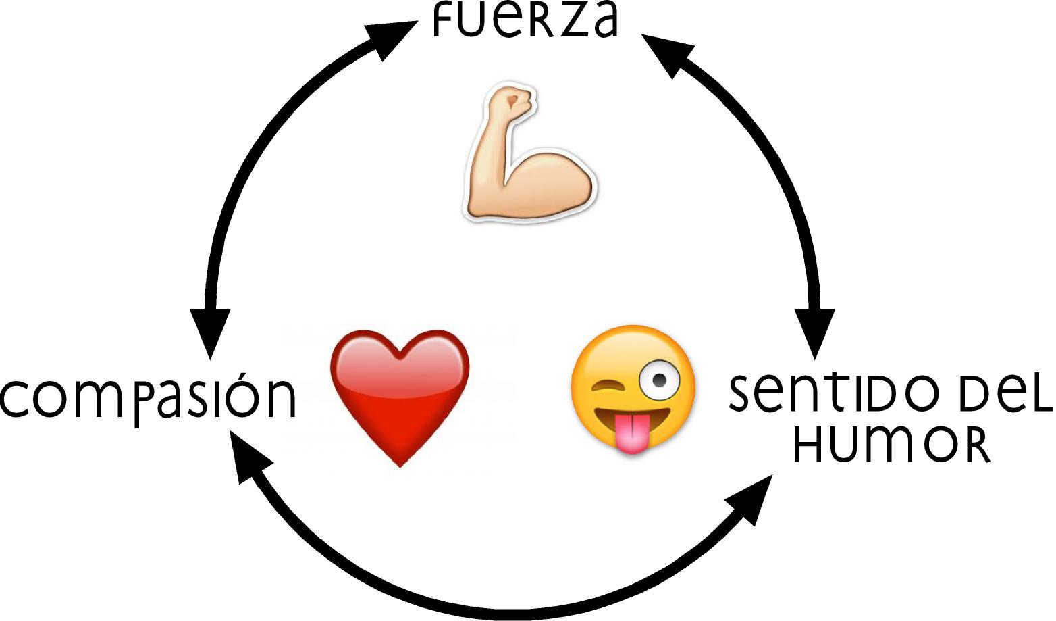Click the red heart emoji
400,392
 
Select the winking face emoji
633,388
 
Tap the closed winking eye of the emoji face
606,387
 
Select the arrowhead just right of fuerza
665,53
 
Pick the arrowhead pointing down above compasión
210,331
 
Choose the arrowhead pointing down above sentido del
815,331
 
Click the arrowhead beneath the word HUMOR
751,499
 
